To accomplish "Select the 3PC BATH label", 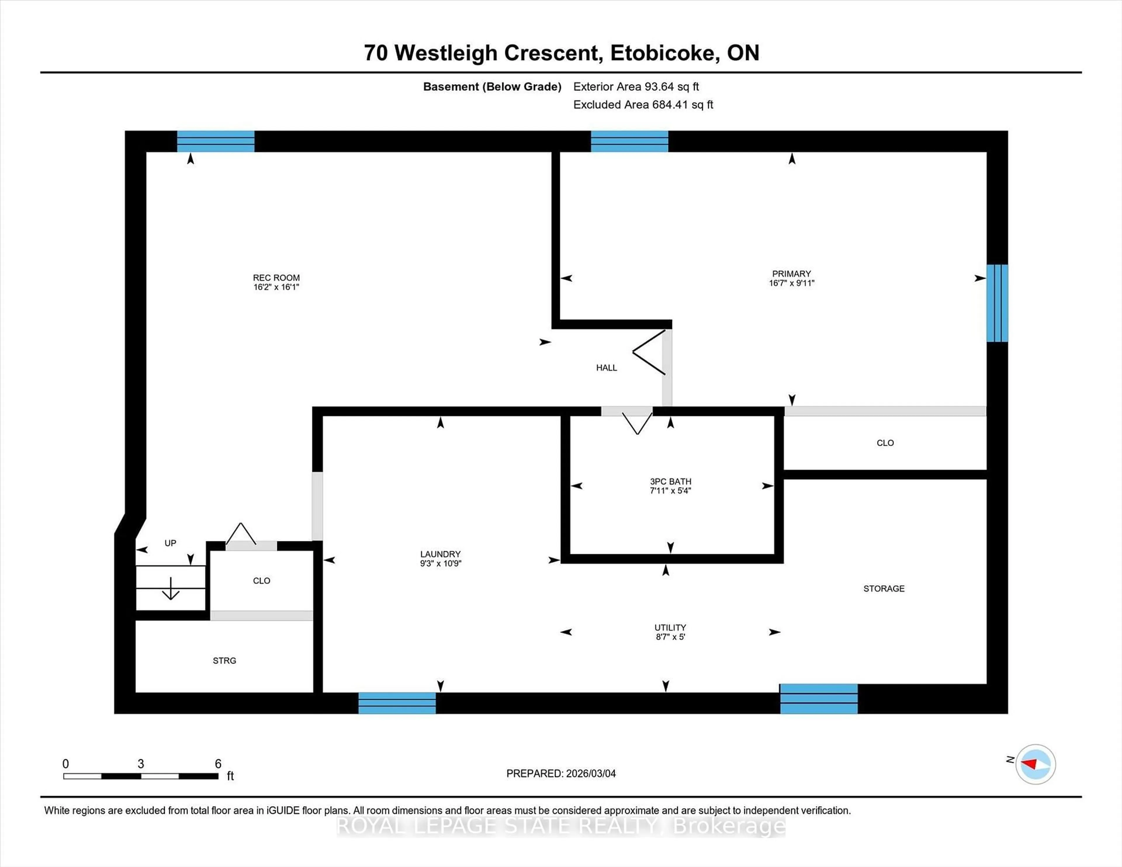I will [671, 481].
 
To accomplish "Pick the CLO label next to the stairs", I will [262, 580].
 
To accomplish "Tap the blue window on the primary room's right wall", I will [997, 303].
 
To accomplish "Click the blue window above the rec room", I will [216, 141].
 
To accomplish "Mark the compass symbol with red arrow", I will [1035, 764].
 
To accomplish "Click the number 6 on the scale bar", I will [218, 764].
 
